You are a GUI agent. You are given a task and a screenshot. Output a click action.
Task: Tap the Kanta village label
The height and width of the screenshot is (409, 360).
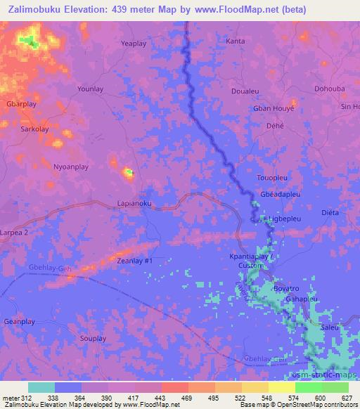tap(235, 41)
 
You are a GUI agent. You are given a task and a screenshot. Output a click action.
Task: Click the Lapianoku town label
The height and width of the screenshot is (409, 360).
tap(134, 204)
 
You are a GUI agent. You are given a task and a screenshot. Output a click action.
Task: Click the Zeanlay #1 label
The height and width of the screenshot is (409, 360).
tap(134, 261)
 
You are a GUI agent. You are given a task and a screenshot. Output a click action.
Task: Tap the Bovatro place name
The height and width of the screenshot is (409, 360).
tap(286, 288)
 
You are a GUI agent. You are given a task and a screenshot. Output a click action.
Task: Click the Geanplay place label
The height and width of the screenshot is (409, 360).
tap(20, 321)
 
